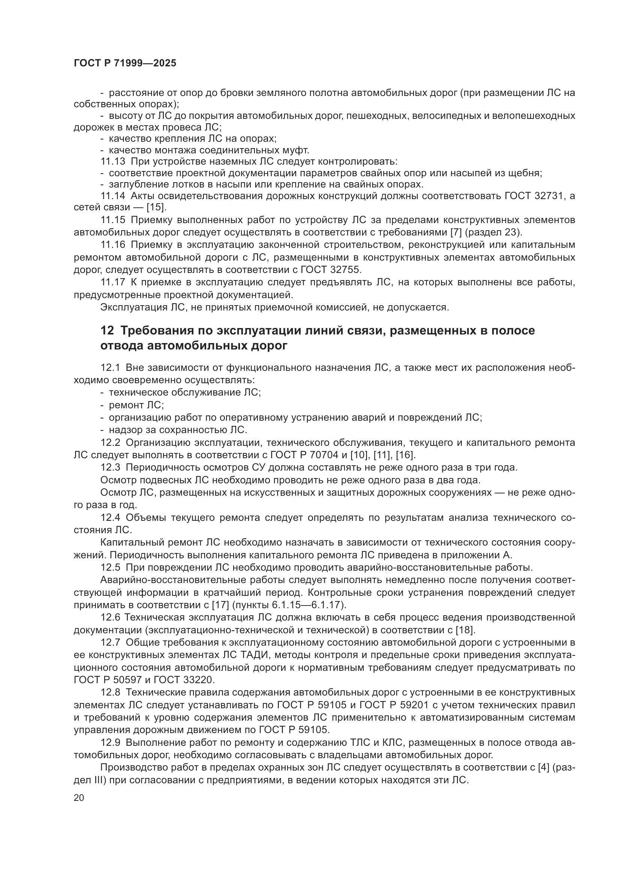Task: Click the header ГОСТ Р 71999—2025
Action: [x=125, y=63]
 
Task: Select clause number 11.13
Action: [x=112, y=162]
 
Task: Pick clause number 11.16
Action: [x=112, y=245]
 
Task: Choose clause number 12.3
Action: [x=110, y=468]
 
